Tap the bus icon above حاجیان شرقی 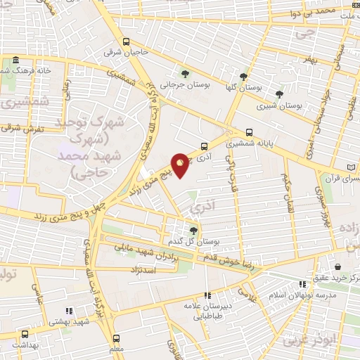126,41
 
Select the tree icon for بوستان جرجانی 185,72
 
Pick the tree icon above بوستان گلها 243,77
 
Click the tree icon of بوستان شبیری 279,94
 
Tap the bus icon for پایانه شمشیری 250,131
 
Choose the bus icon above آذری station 204,147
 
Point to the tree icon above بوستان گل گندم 194,229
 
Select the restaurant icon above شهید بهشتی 68,310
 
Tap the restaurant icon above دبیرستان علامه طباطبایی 207,295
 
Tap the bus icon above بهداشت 25,335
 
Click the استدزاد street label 142,269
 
